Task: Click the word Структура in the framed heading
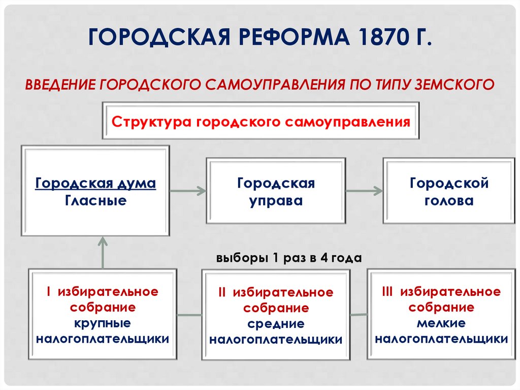tap(151, 122)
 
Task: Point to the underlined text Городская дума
tap(95, 184)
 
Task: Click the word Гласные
tap(95, 201)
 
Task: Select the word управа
tap(276, 201)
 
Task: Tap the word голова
tap(449, 201)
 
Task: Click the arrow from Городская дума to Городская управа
tap(188, 191)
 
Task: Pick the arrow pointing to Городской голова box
tap(364, 191)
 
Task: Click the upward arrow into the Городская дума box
tap(103, 253)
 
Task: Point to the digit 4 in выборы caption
tap(324, 258)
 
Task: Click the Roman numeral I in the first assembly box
tap(49, 292)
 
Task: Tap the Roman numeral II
tap(222, 292)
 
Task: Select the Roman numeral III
tap(387, 292)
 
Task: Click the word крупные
tap(103, 323)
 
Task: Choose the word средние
tap(276, 324)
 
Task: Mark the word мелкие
tap(441, 323)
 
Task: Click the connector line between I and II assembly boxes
tap(189, 315)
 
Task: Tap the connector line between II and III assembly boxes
tap(359, 315)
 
